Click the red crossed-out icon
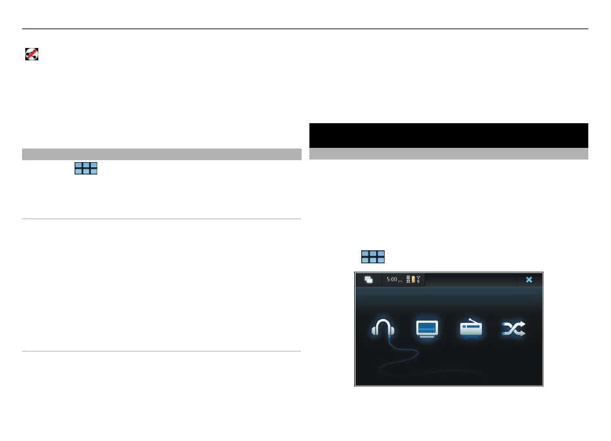(31, 55)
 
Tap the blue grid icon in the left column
(86, 169)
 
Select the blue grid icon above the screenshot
(373, 257)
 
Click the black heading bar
(448, 135)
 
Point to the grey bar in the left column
(162, 154)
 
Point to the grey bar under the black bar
(448, 154)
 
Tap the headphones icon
(383, 329)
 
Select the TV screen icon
(427, 329)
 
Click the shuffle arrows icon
(514, 329)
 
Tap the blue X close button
(529, 280)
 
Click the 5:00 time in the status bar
(392, 280)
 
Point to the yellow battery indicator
(413, 280)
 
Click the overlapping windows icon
(368, 280)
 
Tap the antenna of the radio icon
(473, 320)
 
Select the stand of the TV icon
(427, 337)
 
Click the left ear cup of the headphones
(375, 331)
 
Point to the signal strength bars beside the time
(408, 280)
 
